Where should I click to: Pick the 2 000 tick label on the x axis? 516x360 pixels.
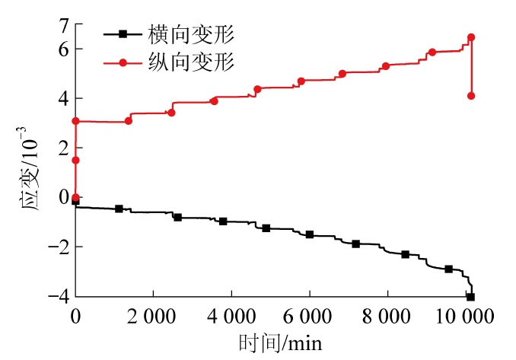pyautogui.click(x=153, y=315)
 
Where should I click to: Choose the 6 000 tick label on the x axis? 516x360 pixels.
pyautogui.click(x=309, y=315)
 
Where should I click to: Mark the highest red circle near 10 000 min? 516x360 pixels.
pyautogui.click(x=471, y=37)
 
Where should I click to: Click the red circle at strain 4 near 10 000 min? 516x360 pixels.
pyautogui.click(x=471, y=96)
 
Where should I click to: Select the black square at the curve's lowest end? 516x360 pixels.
pyautogui.click(x=470, y=297)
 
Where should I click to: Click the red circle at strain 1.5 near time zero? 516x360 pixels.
pyautogui.click(x=75, y=160)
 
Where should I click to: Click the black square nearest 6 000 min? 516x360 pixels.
pyautogui.click(x=310, y=234)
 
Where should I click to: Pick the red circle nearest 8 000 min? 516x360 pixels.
pyautogui.click(x=386, y=66)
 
